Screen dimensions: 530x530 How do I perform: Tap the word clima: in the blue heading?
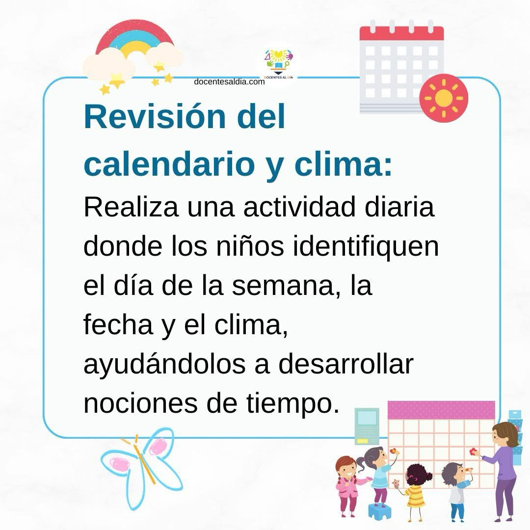point(344,164)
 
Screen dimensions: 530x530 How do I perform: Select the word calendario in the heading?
point(169,164)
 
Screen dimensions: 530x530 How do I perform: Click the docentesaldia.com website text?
point(229,82)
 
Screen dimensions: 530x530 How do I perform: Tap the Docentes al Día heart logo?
point(279,63)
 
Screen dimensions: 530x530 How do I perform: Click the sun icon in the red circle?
point(444,98)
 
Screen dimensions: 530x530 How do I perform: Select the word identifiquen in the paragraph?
point(366,247)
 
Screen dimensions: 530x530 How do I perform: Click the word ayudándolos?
point(164,366)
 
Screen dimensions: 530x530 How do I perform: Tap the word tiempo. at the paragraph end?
point(292,404)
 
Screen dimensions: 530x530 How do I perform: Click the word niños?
point(250,247)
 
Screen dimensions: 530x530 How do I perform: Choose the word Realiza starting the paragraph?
point(131,208)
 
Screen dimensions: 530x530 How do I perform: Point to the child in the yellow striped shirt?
point(416,491)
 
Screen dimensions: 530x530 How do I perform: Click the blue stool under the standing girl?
point(378,511)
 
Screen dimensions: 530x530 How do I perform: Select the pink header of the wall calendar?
point(441,410)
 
